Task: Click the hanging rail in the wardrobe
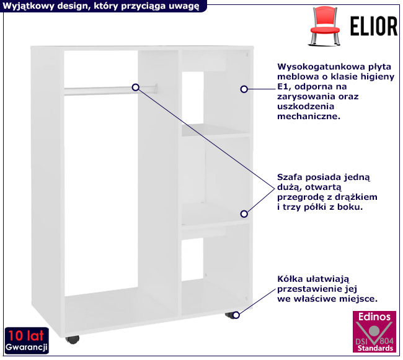coord(99,91)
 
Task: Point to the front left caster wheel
coord(73,340)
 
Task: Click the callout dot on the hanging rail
coord(135,87)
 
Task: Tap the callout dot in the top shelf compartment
coord(244,89)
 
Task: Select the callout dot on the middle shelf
coord(244,214)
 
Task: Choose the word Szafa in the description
coord(290,177)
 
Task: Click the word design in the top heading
coord(69,6)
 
